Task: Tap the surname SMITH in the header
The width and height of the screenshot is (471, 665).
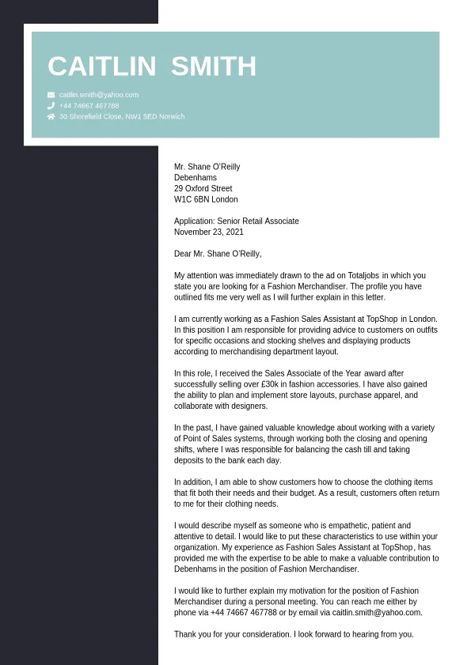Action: click(214, 66)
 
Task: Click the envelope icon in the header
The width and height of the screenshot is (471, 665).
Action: click(51, 94)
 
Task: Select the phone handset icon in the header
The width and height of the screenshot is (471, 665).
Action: click(51, 105)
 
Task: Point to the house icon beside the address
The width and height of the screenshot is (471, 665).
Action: click(51, 116)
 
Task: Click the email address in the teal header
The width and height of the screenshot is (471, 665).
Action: click(99, 94)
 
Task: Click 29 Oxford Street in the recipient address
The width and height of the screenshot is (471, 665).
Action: click(203, 189)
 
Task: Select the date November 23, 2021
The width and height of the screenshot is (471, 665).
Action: click(209, 232)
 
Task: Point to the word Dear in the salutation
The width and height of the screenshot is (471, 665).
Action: click(183, 254)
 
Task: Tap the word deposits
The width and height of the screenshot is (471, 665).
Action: click(191, 460)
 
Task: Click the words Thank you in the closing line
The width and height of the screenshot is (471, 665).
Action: click(192, 634)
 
